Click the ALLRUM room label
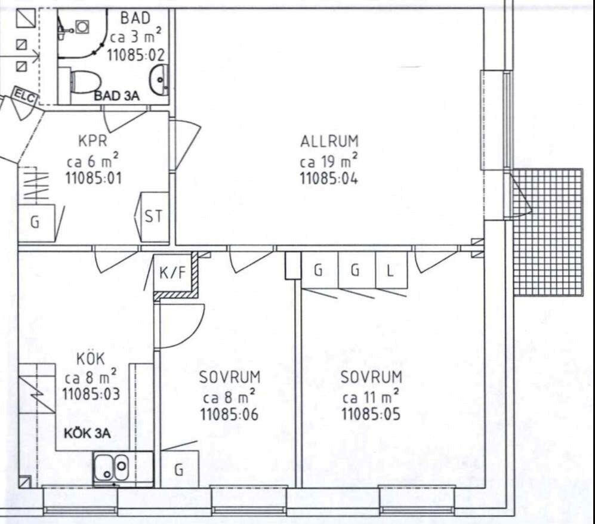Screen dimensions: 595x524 (x=329, y=141)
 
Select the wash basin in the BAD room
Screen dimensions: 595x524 (x=159, y=80)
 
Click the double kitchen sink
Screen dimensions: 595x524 (x=112, y=468)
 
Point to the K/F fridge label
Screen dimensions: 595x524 (x=172, y=272)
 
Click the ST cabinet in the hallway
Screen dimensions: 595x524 (x=154, y=217)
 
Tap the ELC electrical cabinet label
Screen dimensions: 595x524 (x=25, y=96)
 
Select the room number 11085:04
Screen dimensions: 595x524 (x=329, y=178)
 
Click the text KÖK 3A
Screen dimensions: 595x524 (x=87, y=433)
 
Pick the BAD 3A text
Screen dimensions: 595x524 (x=117, y=96)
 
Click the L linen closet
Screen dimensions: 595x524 (x=391, y=270)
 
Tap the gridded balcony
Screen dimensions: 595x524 (x=548, y=232)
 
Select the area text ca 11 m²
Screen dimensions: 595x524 (x=371, y=396)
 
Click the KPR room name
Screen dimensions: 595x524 (x=93, y=141)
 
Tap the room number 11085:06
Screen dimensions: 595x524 (x=229, y=414)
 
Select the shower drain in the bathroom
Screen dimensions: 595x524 (x=82, y=27)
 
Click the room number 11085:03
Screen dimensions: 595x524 (x=91, y=394)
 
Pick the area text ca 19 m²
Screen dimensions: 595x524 (x=329, y=161)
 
